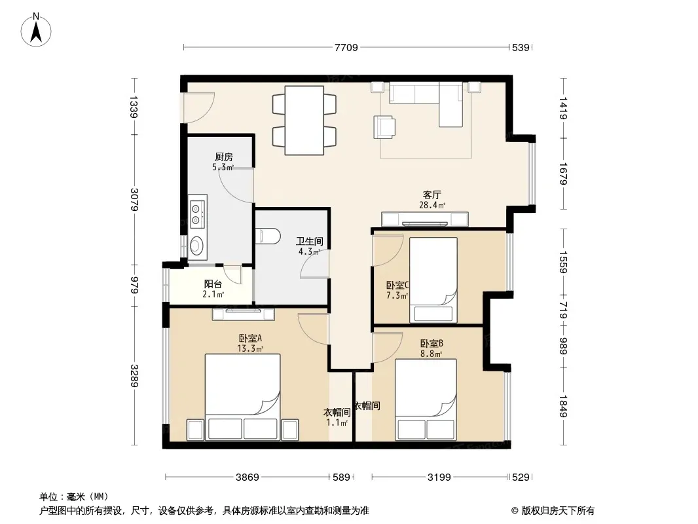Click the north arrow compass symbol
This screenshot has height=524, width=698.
tap(36, 30)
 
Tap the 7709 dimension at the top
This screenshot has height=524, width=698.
tap(346, 47)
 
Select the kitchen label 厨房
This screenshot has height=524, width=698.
tap(223, 157)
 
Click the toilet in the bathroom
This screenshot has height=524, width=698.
tap(268, 236)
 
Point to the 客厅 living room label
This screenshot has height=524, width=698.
tap(432, 195)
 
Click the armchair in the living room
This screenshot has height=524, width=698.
tap(384, 126)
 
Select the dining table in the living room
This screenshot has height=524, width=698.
tap(304, 121)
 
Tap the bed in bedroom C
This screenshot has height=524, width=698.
tap(433, 280)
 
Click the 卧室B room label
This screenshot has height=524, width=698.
tap(432, 344)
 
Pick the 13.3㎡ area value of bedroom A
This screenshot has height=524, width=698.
tap(250, 348)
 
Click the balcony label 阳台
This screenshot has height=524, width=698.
tap(213, 284)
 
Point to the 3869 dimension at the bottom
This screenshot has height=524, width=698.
tap(247, 477)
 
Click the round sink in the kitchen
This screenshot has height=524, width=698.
tap(196, 244)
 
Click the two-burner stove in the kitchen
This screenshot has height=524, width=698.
tap(196, 214)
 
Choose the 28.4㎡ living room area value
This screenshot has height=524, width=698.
tap(432, 205)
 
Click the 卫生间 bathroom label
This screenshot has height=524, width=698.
tap(310, 241)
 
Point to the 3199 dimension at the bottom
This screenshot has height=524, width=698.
tap(439, 477)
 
